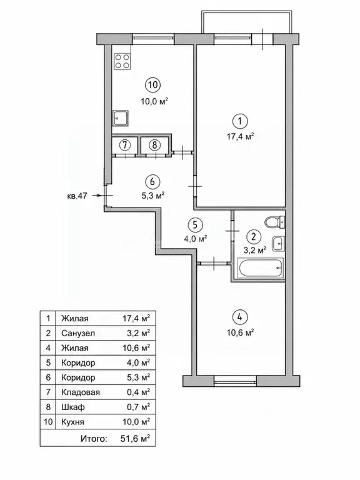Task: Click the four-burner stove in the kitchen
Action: click(x=122, y=61)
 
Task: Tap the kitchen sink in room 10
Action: click(x=121, y=118)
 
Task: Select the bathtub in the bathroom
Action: click(x=261, y=267)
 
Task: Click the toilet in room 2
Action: click(x=274, y=222)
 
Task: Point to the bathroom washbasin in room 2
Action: click(x=279, y=244)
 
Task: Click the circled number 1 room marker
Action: click(x=240, y=121)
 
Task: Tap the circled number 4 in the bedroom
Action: click(x=240, y=317)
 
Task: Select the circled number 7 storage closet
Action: click(x=124, y=145)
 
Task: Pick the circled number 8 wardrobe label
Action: click(x=154, y=145)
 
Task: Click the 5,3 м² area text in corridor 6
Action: click(x=152, y=195)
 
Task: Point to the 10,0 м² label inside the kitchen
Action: click(x=154, y=101)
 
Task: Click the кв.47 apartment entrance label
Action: click(x=77, y=196)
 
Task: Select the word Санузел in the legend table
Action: click(x=78, y=333)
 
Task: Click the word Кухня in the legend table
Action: click(x=72, y=422)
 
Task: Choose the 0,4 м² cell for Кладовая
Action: click(x=138, y=392)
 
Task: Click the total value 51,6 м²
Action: click(x=135, y=439)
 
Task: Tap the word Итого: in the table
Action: click(x=94, y=439)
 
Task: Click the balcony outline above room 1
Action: click(x=246, y=12)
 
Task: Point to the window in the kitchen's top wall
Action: click(x=153, y=38)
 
